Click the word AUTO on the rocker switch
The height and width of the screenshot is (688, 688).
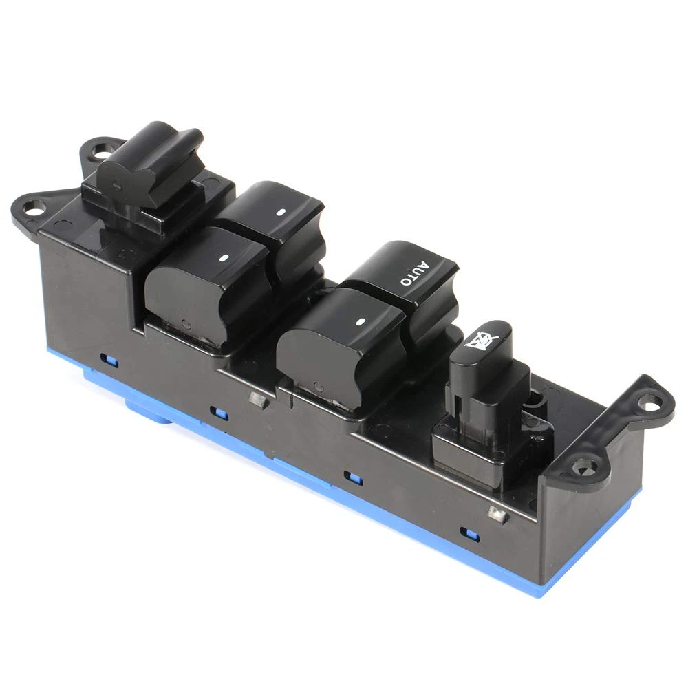pos(413,273)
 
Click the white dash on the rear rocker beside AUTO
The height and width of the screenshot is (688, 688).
pos(281,213)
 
